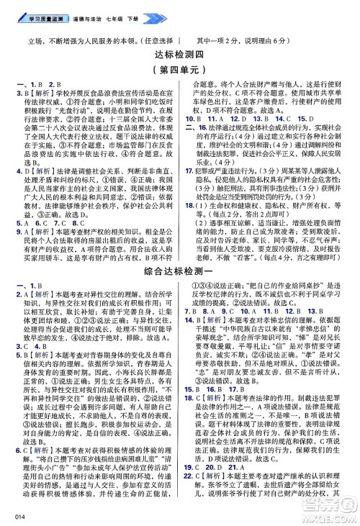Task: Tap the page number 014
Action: [x=9, y=517]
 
